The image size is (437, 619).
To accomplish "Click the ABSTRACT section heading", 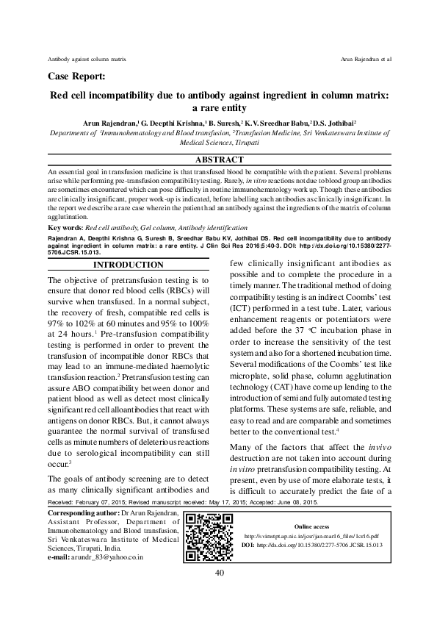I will pos(218,160).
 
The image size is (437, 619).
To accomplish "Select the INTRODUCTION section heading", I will pos(123,265).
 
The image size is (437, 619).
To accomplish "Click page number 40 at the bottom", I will pos(218,573).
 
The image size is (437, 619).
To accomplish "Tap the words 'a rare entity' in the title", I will pos(218,108).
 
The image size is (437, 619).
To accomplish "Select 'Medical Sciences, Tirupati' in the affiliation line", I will pos(218,146).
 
